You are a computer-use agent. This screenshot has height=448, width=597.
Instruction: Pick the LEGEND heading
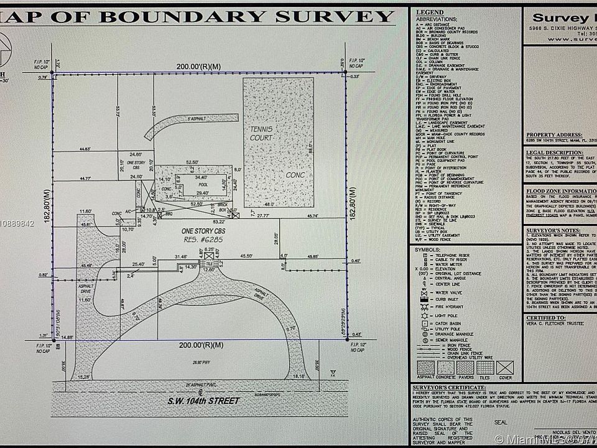click(430, 12)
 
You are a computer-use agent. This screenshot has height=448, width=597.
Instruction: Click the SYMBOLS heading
click(428, 250)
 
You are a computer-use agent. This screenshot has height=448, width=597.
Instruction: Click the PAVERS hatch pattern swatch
click(465, 367)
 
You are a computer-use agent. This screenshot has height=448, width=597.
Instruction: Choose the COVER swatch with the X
click(506, 367)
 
